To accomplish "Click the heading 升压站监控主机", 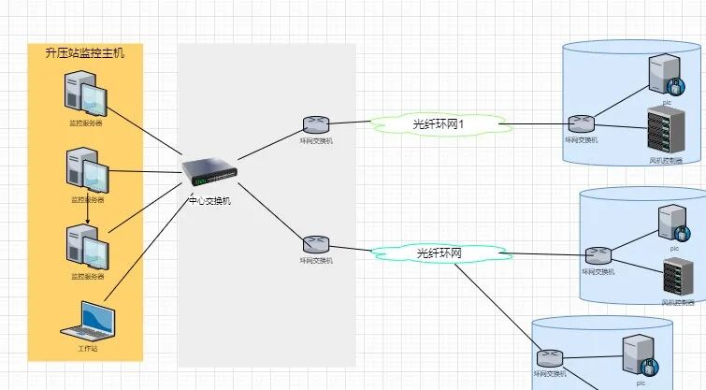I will click(85, 53).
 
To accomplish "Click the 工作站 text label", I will click(88, 347).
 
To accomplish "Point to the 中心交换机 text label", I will click(209, 199).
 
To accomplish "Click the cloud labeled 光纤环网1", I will click(439, 123).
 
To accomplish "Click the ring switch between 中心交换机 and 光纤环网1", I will click(316, 124).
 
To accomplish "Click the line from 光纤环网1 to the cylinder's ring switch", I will click(537, 123).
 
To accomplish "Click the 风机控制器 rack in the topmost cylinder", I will click(661, 132).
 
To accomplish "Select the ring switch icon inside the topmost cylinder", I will click(581, 123).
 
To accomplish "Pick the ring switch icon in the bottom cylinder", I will click(550, 357).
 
